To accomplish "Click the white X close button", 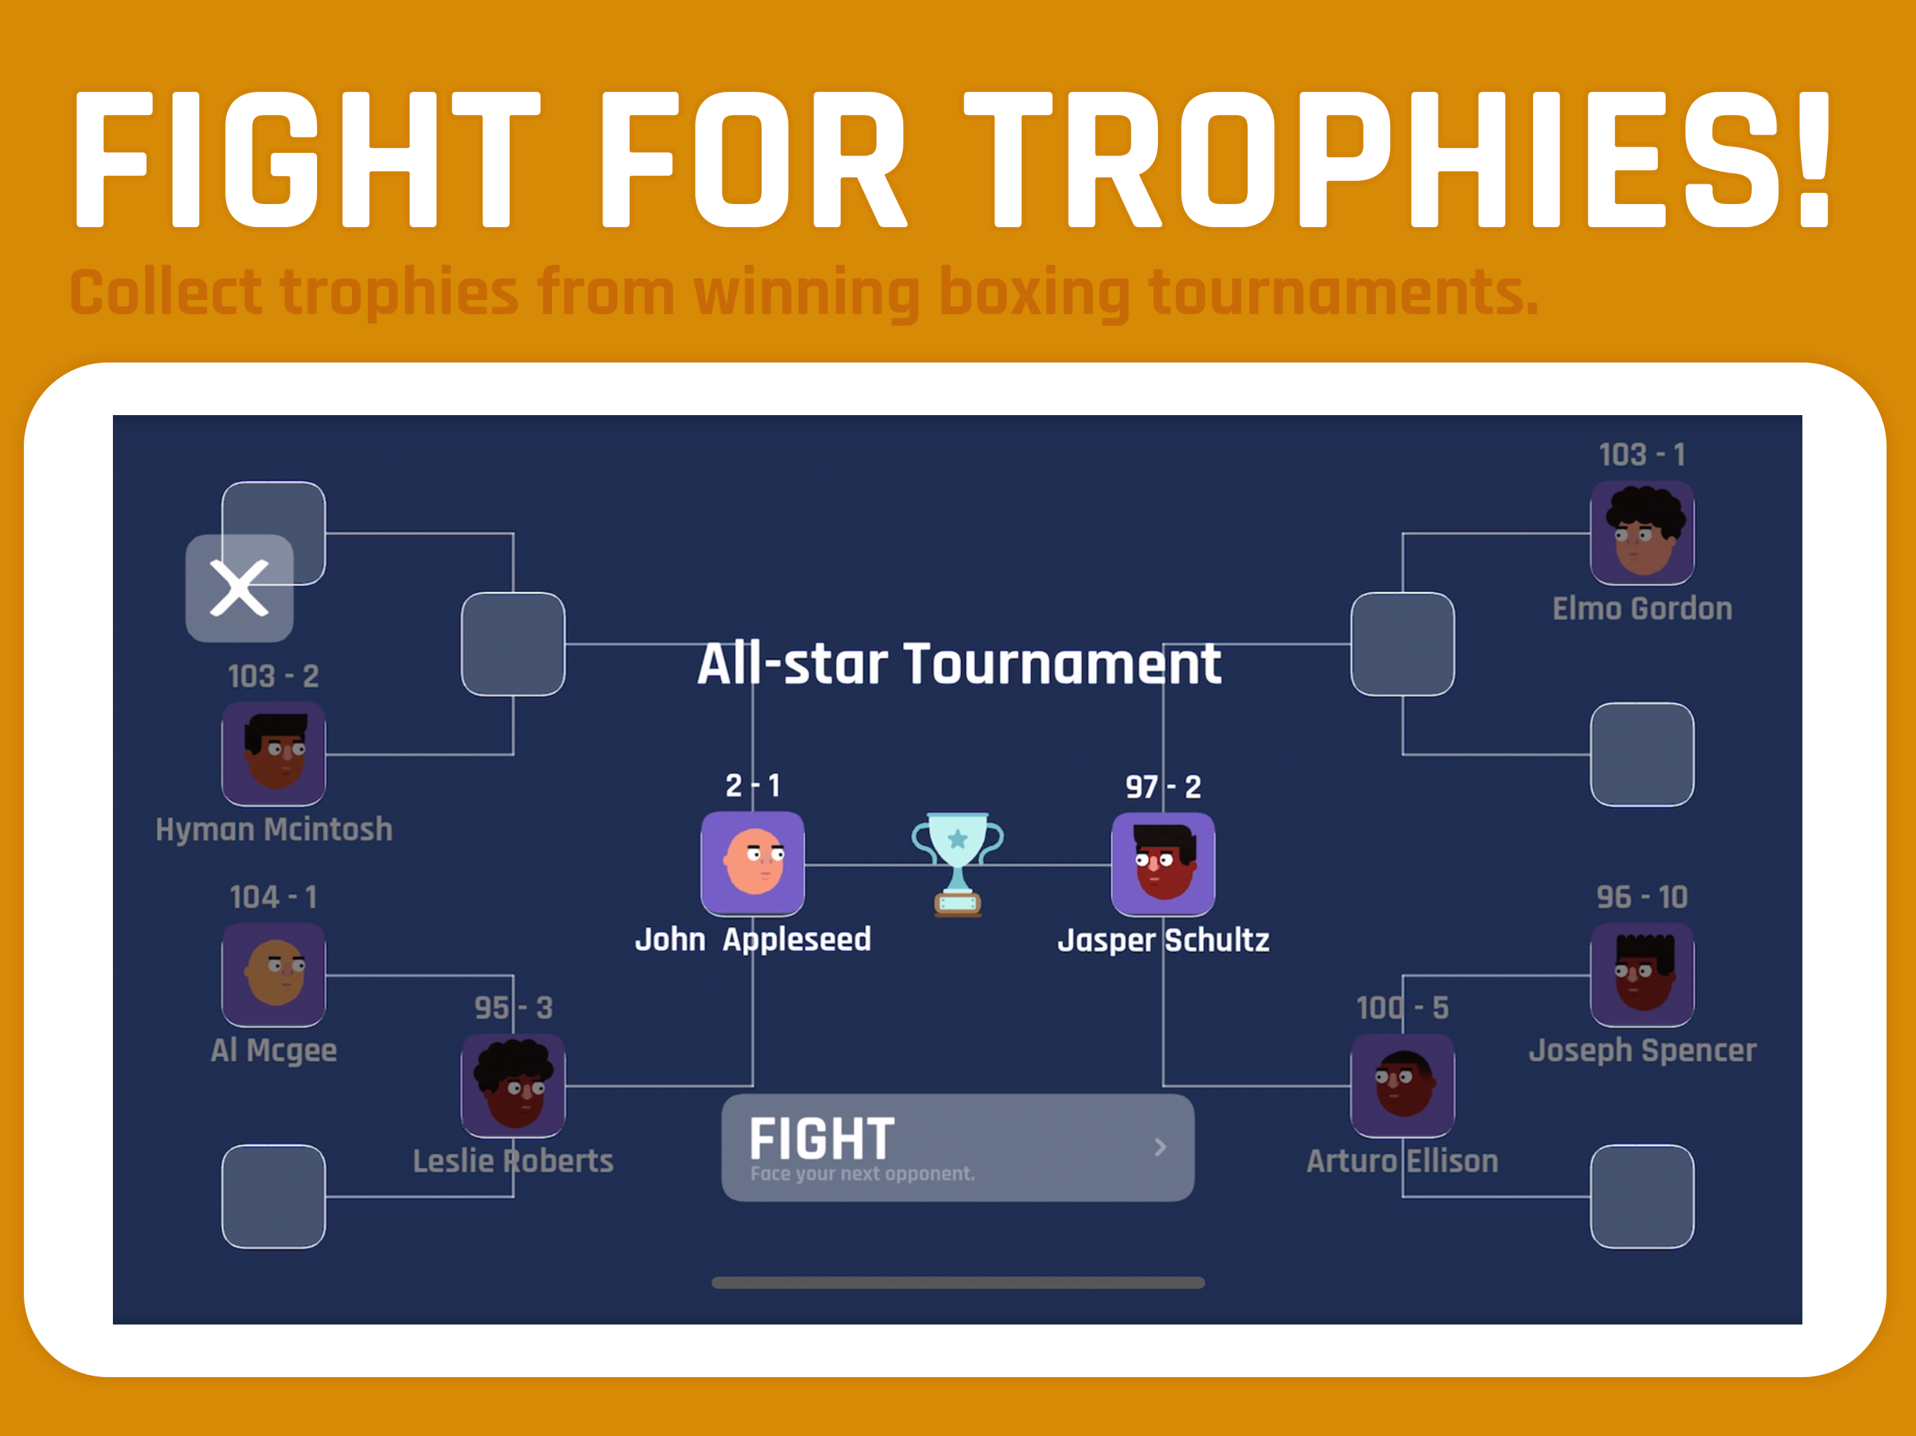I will click(239, 588).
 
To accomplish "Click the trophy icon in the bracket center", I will click(957, 864).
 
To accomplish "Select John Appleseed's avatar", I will click(752, 864).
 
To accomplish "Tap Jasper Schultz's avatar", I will click(1162, 864).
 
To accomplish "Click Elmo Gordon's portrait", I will click(1641, 533).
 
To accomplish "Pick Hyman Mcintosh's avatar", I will click(274, 754).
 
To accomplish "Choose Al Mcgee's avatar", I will click(274, 975).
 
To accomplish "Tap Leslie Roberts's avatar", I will click(513, 1085).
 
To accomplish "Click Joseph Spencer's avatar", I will click(1641, 975).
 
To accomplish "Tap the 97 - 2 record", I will click(1162, 787).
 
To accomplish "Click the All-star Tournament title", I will click(959, 664).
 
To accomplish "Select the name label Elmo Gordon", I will click(1641, 608).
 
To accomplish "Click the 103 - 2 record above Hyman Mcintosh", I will click(274, 675).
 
